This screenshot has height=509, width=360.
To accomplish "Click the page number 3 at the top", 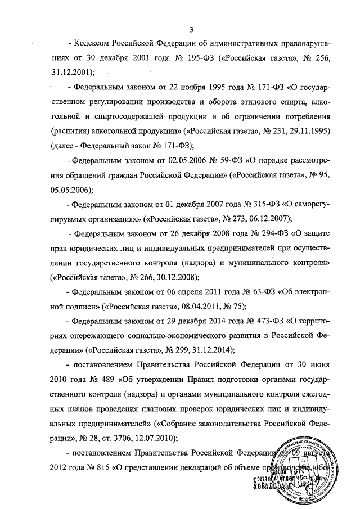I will click(x=192, y=29).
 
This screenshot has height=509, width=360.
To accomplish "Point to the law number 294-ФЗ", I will click(x=248, y=233).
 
